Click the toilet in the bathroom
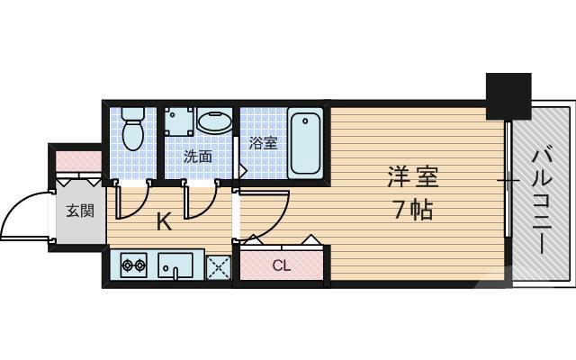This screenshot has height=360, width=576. [x=133, y=129]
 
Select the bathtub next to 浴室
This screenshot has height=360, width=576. [x=305, y=141]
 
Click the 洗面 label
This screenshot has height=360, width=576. [x=198, y=156]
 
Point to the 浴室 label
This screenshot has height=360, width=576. [x=263, y=142]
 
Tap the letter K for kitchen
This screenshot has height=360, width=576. [x=164, y=221]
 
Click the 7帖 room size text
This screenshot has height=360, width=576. [x=410, y=211]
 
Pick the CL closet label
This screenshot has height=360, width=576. [x=281, y=265]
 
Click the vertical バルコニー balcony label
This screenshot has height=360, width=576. [x=541, y=202]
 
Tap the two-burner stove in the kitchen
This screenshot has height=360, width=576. [x=133, y=265]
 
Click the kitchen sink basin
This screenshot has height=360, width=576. [x=175, y=265]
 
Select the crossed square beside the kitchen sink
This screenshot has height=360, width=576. [x=217, y=265]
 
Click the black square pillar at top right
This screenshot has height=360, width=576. [x=509, y=94]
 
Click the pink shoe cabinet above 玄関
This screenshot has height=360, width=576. [x=78, y=162]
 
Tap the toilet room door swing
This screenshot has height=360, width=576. [x=130, y=202]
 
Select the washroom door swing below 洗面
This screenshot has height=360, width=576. [x=200, y=202]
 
